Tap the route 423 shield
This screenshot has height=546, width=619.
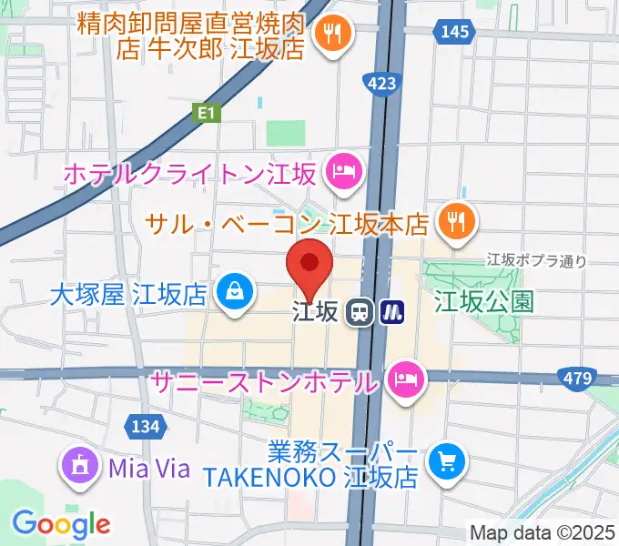click(382, 85)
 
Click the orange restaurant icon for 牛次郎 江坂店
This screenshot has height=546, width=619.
click(330, 35)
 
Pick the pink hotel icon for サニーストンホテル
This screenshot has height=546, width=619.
click(404, 379)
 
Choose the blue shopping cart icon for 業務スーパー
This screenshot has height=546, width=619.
click(446, 461)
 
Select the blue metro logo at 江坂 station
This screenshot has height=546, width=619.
click(392, 312)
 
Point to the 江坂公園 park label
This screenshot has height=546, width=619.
click(484, 300)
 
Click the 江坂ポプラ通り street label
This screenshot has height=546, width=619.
click(536, 261)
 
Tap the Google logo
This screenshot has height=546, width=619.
click(61, 524)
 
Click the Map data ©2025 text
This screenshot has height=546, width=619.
click(543, 531)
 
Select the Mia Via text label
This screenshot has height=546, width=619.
click(148, 470)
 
